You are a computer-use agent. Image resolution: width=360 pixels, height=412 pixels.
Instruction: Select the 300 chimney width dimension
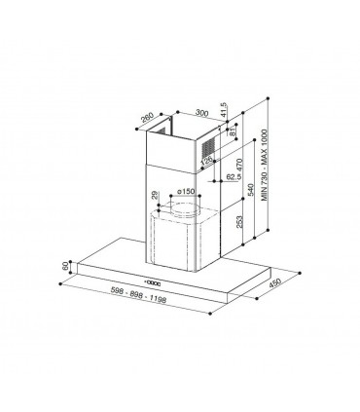tap(201, 114)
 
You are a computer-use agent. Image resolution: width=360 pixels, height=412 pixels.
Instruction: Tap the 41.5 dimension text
tap(223, 110)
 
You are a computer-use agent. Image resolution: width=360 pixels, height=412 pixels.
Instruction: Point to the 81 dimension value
tap(232, 132)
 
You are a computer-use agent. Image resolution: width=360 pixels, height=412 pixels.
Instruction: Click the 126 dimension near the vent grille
tap(207, 161)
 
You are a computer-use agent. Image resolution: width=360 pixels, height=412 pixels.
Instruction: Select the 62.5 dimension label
tap(234, 177)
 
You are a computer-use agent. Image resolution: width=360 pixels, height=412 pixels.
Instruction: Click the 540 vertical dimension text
tap(250, 190)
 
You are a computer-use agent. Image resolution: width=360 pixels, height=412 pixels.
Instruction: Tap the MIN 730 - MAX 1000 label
tap(265, 165)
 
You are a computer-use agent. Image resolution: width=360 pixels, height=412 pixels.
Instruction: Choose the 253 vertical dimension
tap(239, 222)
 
